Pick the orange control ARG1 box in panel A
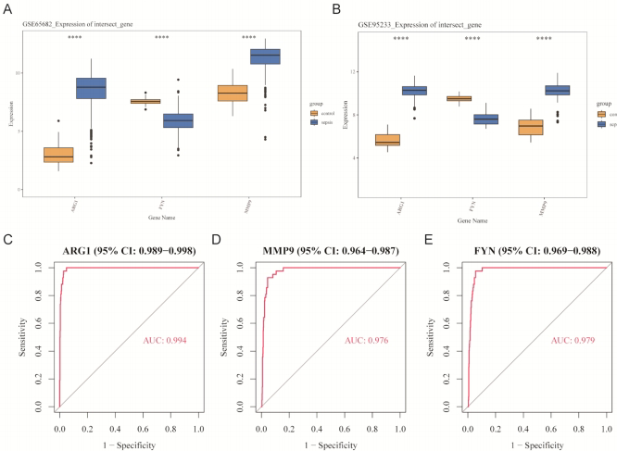tap(58, 155)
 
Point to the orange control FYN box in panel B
tap(459, 98)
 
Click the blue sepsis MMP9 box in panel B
tap(557, 90)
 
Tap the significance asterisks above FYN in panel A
tap(162, 38)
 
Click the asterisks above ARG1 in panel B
tap(401, 39)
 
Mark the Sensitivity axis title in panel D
tap(223, 335)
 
